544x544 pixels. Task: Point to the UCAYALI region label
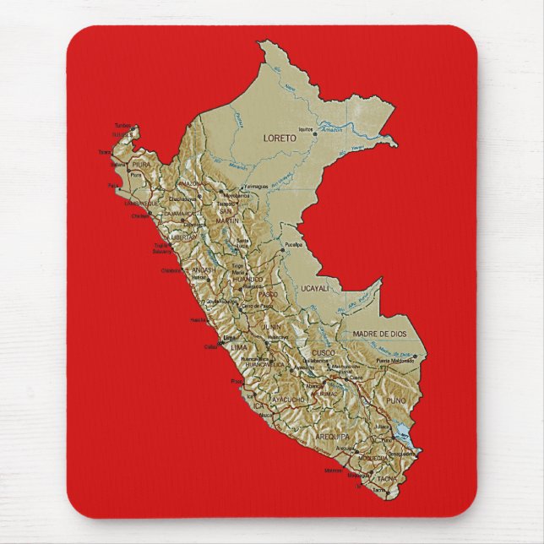point(315,289)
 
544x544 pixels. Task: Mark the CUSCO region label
point(324,351)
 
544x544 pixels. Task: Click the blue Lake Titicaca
point(400,438)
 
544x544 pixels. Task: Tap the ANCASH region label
point(202,269)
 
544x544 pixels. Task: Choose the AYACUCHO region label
point(288,399)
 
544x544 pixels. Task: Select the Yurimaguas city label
point(255,186)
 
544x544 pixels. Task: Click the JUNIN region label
point(272,324)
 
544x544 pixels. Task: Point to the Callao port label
point(210,346)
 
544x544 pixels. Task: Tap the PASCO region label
point(267,294)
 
